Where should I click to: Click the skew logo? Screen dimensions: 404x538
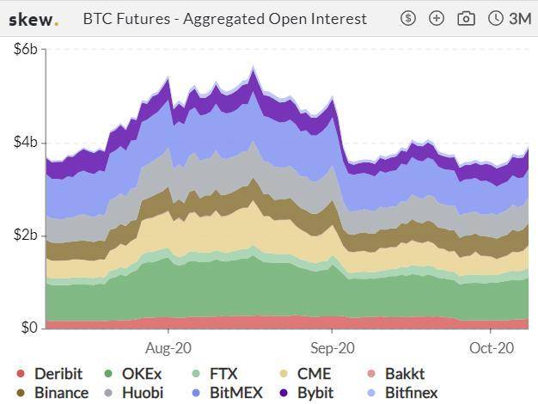click(x=34, y=18)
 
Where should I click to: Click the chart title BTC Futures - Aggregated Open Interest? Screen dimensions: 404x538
click(x=224, y=18)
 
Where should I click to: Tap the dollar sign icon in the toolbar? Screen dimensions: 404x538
click(x=409, y=18)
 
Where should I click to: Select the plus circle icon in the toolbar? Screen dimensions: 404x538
click(x=437, y=18)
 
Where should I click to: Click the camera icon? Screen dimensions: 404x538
click(x=466, y=18)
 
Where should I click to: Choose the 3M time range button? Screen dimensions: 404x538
click(x=510, y=18)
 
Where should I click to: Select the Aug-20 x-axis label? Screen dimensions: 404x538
click(x=168, y=348)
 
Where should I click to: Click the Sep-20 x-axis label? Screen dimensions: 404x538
click(x=332, y=348)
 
